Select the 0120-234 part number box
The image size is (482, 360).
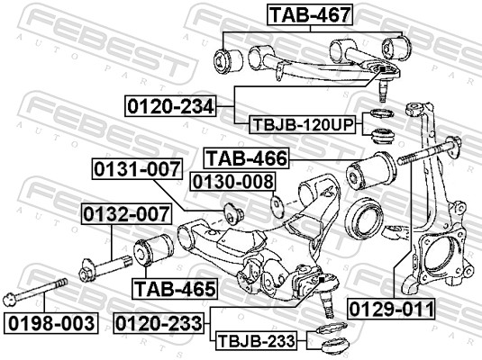coord(170,107)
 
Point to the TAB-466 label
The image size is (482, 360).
coord(245,159)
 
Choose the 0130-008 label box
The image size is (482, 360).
coord(232,183)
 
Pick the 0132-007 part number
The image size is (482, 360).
coord(126,214)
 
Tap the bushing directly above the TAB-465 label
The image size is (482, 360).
coord(155,248)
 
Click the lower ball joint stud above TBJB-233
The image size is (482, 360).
coord(325,294)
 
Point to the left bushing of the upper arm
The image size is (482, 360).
coord(223,60)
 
